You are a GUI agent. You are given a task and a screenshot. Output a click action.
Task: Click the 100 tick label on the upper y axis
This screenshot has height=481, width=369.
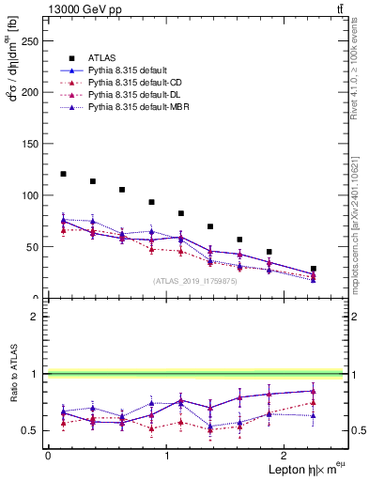tap(30, 195)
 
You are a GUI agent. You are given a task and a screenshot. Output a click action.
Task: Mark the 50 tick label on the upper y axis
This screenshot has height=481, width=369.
tap(33, 247)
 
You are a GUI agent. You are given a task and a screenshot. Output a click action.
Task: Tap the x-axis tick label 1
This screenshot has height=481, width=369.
tap(166, 456)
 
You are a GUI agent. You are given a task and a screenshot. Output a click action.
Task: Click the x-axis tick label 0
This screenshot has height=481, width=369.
tap(47, 456)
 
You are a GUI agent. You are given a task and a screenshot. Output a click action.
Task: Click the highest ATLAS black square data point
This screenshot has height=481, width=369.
tap(63, 174)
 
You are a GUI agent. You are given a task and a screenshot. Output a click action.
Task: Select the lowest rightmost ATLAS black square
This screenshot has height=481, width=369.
tap(314, 269)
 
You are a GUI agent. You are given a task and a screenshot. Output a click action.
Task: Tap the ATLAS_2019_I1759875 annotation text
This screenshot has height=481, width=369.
tap(195, 280)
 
